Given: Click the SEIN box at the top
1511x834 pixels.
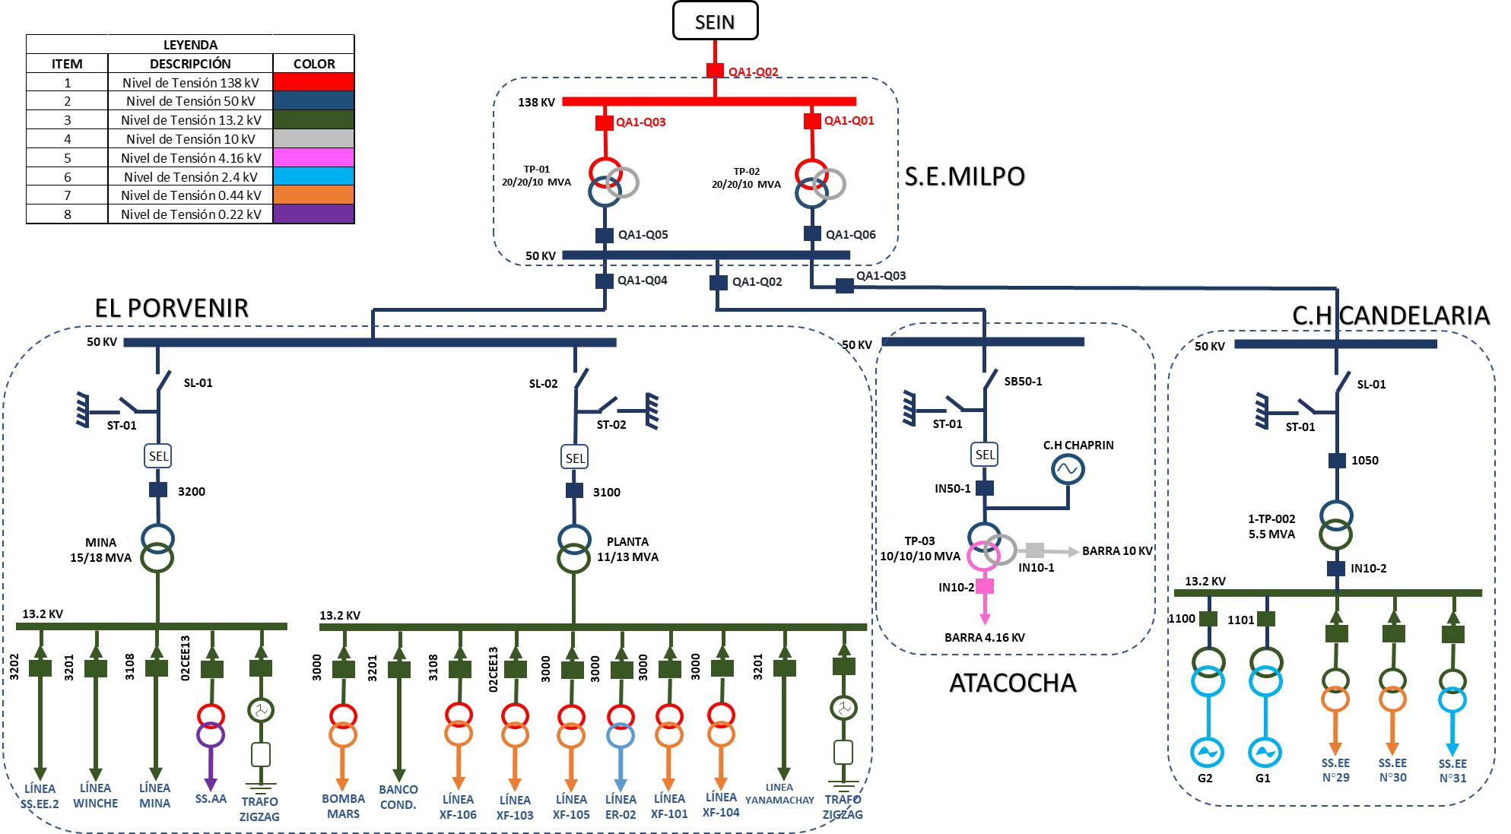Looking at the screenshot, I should pos(715,21).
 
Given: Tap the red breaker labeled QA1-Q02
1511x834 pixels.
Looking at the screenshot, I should pos(715,71).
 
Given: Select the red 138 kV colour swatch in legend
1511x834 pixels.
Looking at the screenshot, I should pos(313,82).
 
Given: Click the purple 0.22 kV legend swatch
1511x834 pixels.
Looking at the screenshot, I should pos(313,214).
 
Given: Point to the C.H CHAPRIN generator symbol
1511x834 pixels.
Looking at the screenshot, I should pos(1067,470).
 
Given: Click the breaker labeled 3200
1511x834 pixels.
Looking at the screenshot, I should pos(158,490).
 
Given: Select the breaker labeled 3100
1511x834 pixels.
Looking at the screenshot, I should pos(575,491).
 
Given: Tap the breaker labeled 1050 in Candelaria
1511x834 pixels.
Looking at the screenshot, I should pos(1337,460).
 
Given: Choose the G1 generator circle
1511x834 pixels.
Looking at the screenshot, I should pos(1265,753).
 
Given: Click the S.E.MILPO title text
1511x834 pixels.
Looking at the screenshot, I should pos(964,176).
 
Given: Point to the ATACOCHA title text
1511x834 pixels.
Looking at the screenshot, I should pos(1012,683).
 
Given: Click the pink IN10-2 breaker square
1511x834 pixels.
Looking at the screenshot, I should pos(986,586).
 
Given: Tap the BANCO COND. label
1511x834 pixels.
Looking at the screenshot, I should pos(398,797).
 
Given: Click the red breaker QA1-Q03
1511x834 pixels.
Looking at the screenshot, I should pos(605,122).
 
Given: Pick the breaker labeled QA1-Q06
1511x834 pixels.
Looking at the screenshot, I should pos(812,234).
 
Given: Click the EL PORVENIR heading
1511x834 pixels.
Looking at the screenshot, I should pos(172,308).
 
